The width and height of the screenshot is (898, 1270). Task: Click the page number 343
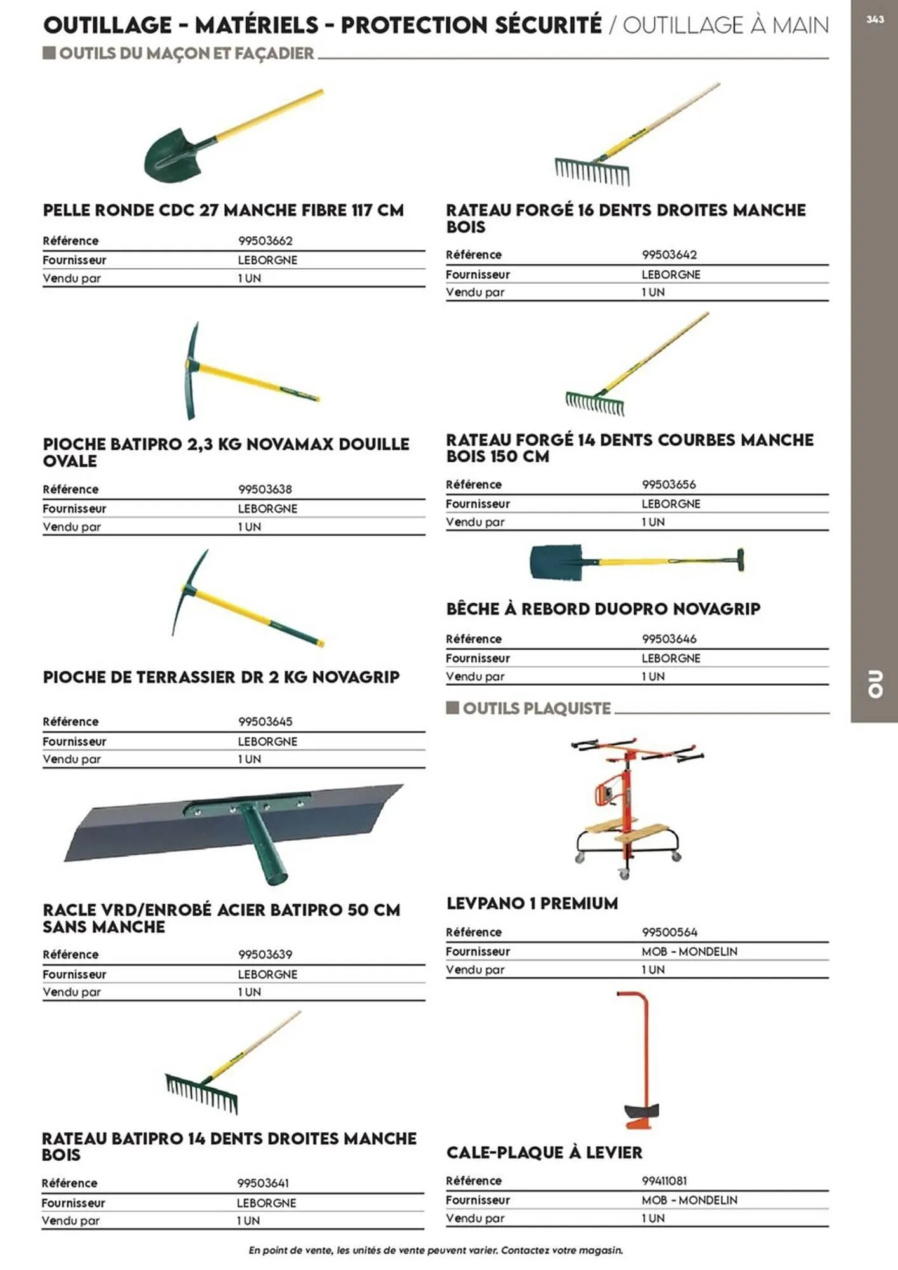(875, 20)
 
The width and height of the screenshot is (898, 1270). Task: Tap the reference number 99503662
(265, 241)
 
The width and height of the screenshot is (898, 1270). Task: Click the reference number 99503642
(669, 255)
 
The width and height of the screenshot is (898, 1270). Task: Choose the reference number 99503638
(265, 489)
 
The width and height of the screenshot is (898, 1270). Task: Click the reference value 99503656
(669, 485)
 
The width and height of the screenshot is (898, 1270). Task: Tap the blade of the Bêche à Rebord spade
(556, 562)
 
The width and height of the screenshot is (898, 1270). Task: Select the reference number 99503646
(669, 639)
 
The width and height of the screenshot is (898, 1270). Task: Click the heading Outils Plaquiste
(537, 708)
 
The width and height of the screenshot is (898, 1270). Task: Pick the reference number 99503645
(265, 721)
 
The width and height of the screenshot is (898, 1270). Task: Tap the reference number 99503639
(265, 954)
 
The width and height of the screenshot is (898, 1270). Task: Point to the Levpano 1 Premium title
(532, 903)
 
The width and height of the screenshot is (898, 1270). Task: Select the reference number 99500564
(669, 932)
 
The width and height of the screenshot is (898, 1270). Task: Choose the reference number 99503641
(263, 1183)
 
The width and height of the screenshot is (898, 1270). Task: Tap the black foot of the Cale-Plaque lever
(641, 1111)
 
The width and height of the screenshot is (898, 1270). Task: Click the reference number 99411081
(664, 1180)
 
